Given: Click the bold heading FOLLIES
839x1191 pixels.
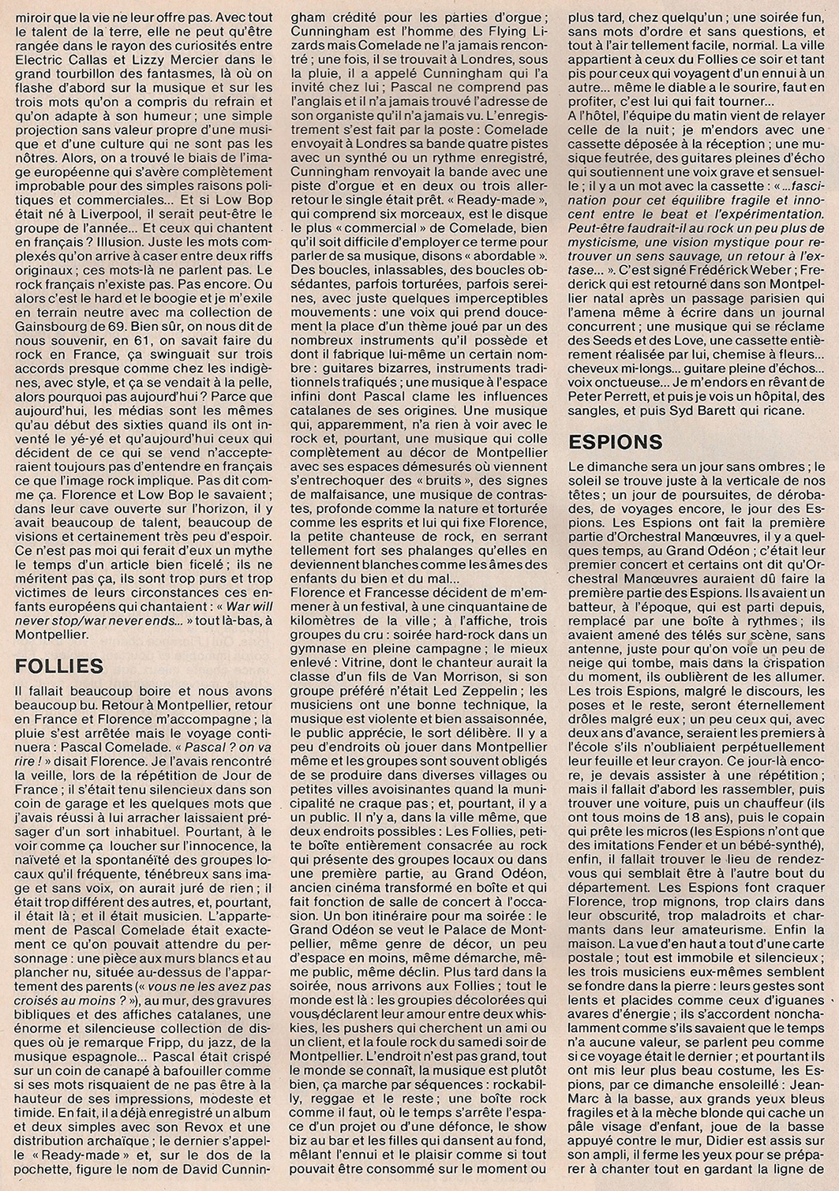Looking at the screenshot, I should [x=60, y=665].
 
